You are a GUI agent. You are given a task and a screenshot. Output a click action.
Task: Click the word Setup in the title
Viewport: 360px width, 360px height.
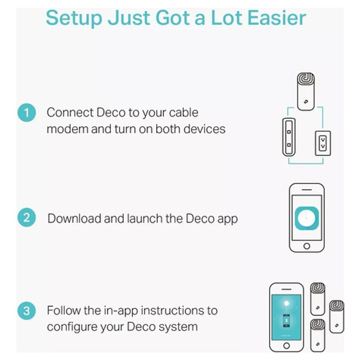click(x=74, y=18)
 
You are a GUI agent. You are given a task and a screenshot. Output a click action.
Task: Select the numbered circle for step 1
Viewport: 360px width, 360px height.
click(x=27, y=112)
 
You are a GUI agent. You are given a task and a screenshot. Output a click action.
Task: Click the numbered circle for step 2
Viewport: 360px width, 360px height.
click(x=27, y=218)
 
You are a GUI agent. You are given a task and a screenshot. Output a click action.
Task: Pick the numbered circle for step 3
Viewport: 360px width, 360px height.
click(x=27, y=311)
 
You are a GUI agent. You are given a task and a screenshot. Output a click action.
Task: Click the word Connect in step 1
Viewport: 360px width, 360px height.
click(x=70, y=112)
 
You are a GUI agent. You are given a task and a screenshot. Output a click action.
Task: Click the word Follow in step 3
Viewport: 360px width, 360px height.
click(x=64, y=310)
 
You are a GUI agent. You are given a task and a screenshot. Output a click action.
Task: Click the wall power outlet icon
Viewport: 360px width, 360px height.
click(x=323, y=143)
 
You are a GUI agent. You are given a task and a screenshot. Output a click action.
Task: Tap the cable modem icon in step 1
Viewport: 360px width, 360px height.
click(x=289, y=137)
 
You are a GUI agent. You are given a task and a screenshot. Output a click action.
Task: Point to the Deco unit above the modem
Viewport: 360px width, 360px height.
click(x=306, y=91)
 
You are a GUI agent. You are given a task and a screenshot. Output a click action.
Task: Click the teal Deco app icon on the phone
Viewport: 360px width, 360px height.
click(x=307, y=218)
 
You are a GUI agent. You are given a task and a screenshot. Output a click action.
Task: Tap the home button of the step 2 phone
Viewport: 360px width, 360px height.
click(x=307, y=246)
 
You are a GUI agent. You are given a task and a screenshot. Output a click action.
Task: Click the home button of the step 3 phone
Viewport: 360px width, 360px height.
click(x=286, y=345)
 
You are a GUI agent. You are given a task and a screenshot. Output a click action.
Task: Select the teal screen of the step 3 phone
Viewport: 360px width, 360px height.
click(x=286, y=317)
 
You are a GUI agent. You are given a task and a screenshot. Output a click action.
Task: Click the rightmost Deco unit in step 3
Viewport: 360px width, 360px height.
click(x=337, y=317)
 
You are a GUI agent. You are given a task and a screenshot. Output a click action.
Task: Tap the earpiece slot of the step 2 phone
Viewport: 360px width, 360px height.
click(x=307, y=190)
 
